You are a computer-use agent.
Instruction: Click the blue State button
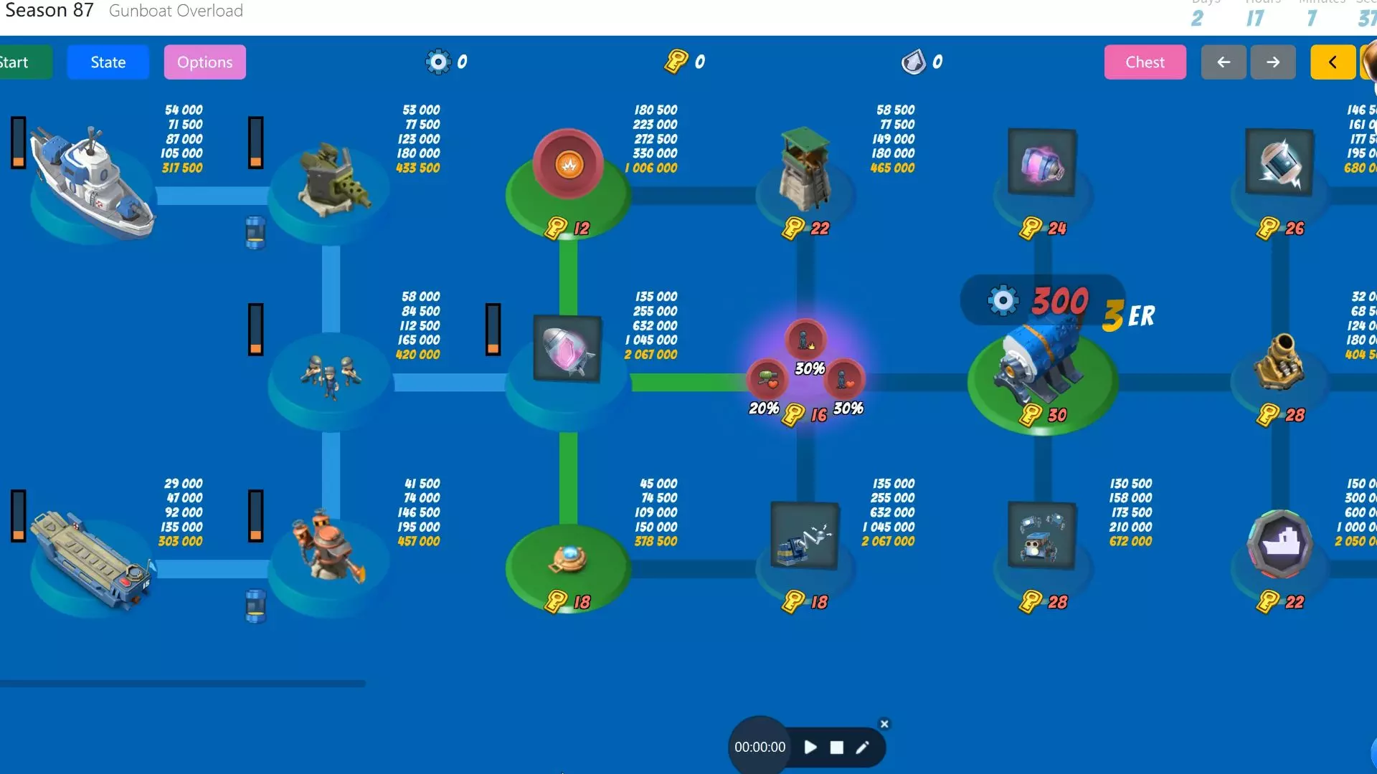[x=108, y=62]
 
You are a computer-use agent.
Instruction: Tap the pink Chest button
[x=1145, y=62]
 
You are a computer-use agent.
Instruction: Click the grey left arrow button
[x=1224, y=62]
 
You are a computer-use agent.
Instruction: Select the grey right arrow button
[x=1273, y=62]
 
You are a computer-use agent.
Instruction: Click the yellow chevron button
[x=1333, y=62]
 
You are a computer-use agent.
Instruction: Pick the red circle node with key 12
[x=569, y=165]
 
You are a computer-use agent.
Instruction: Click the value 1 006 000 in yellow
[x=651, y=168]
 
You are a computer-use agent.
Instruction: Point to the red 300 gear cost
[x=1059, y=301]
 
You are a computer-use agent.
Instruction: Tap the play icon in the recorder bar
[x=810, y=747]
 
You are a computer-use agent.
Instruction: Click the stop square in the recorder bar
[x=836, y=747]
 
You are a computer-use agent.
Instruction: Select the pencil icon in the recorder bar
[x=862, y=747]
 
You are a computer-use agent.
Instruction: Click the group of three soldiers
[x=331, y=375]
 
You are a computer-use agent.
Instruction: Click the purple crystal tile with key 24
[x=1041, y=163]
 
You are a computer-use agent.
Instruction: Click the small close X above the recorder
[x=884, y=724]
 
